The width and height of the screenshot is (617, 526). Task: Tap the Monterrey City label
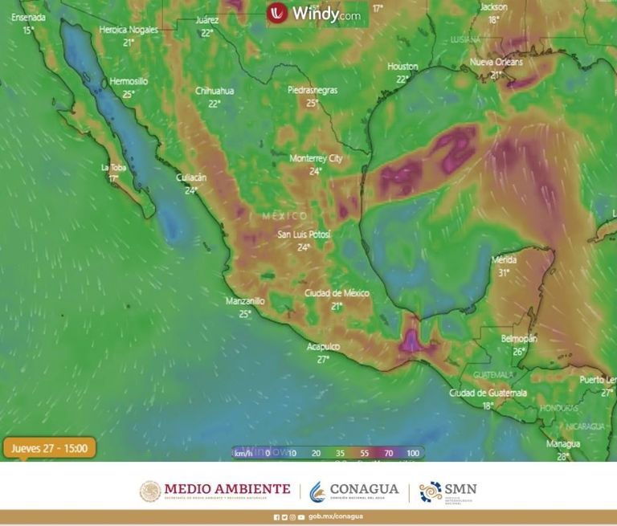316,158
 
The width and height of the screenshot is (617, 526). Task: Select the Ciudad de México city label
337,293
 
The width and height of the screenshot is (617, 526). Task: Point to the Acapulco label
323,346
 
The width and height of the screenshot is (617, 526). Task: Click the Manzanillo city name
245,301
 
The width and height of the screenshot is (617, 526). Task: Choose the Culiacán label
191,177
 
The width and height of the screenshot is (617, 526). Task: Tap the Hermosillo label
129,81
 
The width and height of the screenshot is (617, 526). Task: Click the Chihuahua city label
215,91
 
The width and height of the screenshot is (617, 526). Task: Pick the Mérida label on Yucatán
504,260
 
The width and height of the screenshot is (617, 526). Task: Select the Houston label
402,66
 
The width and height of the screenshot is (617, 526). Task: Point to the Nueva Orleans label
496,62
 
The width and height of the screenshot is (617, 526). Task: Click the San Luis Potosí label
304,234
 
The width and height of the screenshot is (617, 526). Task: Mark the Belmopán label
519,339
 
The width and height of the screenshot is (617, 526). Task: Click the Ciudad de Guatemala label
488,393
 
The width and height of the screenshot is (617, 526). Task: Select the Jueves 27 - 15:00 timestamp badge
49,448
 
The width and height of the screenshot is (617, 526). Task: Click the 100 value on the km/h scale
413,453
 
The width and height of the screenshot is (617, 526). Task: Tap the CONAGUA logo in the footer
353,490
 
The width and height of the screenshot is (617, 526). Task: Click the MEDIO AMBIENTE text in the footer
227,489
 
